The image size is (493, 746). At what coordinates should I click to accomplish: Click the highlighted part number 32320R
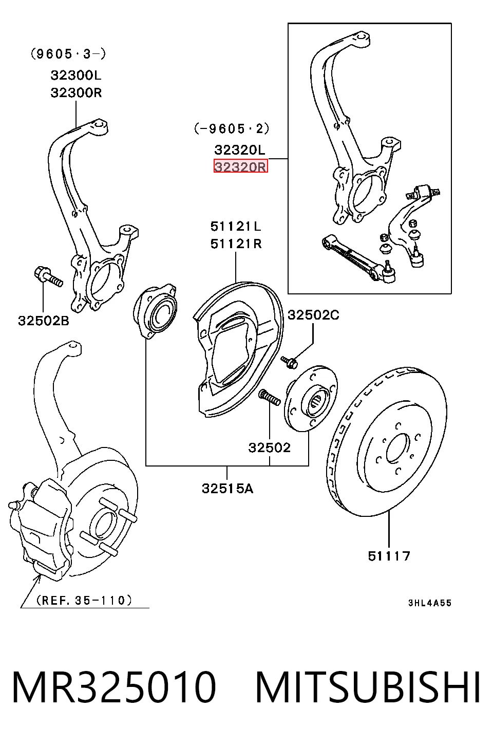(240, 166)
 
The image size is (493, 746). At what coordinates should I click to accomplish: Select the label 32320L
(240, 150)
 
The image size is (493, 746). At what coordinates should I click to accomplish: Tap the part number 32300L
(76, 76)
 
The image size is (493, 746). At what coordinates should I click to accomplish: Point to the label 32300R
(76, 92)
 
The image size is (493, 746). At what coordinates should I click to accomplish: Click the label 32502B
(44, 321)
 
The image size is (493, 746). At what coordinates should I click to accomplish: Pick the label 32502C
(313, 315)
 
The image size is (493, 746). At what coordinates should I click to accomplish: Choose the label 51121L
(236, 227)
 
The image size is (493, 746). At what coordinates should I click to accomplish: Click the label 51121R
(236, 244)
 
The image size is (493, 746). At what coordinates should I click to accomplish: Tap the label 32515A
(227, 489)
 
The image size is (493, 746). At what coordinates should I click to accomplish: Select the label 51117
(389, 556)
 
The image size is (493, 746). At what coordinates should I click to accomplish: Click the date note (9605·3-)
(68, 53)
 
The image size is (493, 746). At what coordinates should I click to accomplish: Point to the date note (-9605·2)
(232, 128)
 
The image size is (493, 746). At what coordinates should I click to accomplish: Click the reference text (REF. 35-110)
(84, 600)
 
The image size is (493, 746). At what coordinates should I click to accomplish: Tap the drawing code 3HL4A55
(430, 603)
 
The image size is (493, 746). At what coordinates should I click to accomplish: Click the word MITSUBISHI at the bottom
(368, 687)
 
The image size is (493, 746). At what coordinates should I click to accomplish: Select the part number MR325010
(114, 687)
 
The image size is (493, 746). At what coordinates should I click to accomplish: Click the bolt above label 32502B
(49, 276)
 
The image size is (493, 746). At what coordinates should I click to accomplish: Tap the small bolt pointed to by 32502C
(289, 362)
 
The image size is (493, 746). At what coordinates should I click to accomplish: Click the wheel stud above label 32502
(269, 397)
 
